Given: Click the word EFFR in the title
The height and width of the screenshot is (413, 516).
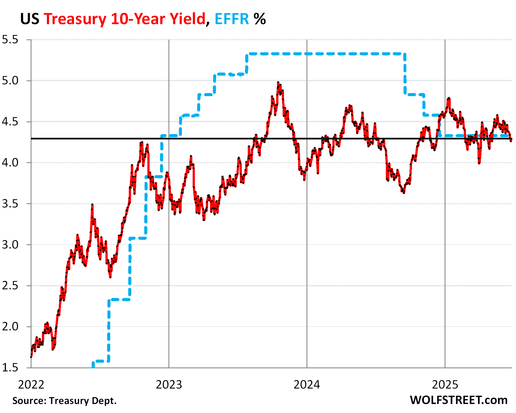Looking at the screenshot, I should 232,19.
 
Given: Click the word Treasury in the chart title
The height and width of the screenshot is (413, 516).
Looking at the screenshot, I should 75,19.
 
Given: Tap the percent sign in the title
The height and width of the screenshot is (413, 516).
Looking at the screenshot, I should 260,19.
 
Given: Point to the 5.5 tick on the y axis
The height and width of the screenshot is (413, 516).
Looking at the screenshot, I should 10,40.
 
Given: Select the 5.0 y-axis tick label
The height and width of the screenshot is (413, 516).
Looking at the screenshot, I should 10,81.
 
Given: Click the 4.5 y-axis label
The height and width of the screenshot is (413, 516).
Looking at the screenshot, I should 10,122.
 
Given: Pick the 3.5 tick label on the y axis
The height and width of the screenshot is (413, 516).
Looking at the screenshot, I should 10,204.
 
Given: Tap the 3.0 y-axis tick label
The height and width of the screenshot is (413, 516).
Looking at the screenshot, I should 10,245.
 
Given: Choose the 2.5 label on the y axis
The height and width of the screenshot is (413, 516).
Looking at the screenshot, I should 10,286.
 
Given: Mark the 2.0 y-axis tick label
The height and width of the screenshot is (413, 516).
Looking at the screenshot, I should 10,327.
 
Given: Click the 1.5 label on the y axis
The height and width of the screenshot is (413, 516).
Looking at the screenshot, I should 10,367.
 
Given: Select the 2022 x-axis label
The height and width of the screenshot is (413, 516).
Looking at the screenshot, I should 31,384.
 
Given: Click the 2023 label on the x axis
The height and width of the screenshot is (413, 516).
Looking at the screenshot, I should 169,384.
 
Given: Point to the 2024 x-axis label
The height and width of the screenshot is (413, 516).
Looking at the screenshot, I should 307,384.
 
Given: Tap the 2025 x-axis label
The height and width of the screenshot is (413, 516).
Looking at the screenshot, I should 445,384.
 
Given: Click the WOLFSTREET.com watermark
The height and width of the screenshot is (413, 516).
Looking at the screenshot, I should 458,400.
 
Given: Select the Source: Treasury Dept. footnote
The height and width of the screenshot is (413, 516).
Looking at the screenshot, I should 64,401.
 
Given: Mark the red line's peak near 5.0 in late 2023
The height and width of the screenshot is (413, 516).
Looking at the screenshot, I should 278,83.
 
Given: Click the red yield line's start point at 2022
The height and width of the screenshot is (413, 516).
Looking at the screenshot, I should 31,356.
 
